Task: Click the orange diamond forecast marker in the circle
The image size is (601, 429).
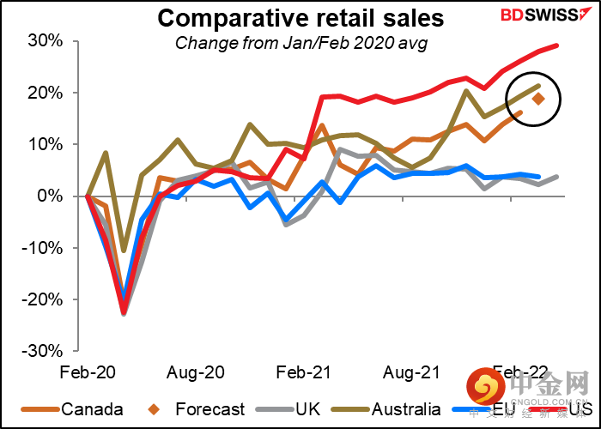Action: [538, 99]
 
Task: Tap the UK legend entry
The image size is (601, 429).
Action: [307, 409]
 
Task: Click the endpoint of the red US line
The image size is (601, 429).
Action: [557, 45]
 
